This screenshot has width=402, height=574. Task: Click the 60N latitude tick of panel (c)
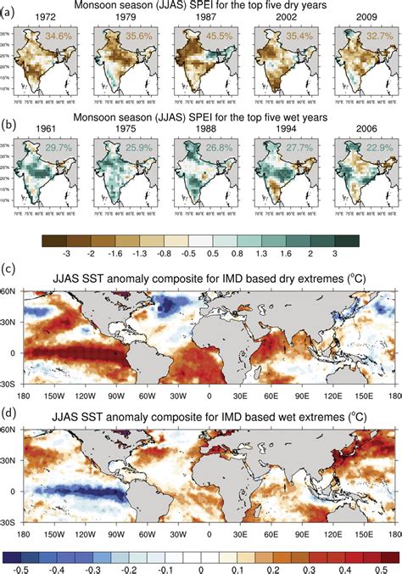pyautogui.click(x=13, y=291)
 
